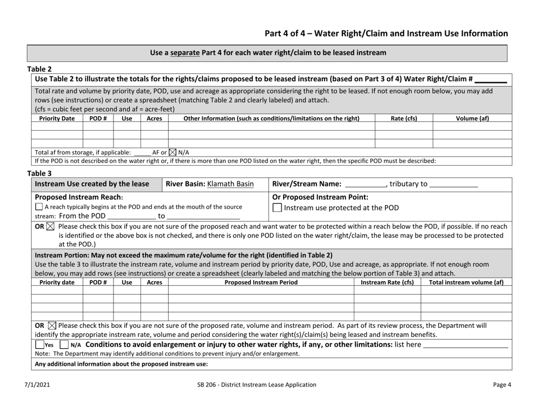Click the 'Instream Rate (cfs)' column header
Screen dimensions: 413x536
(386, 282)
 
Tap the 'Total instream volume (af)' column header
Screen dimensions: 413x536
(466, 282)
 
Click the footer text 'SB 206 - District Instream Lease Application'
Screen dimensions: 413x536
(267, 385)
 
